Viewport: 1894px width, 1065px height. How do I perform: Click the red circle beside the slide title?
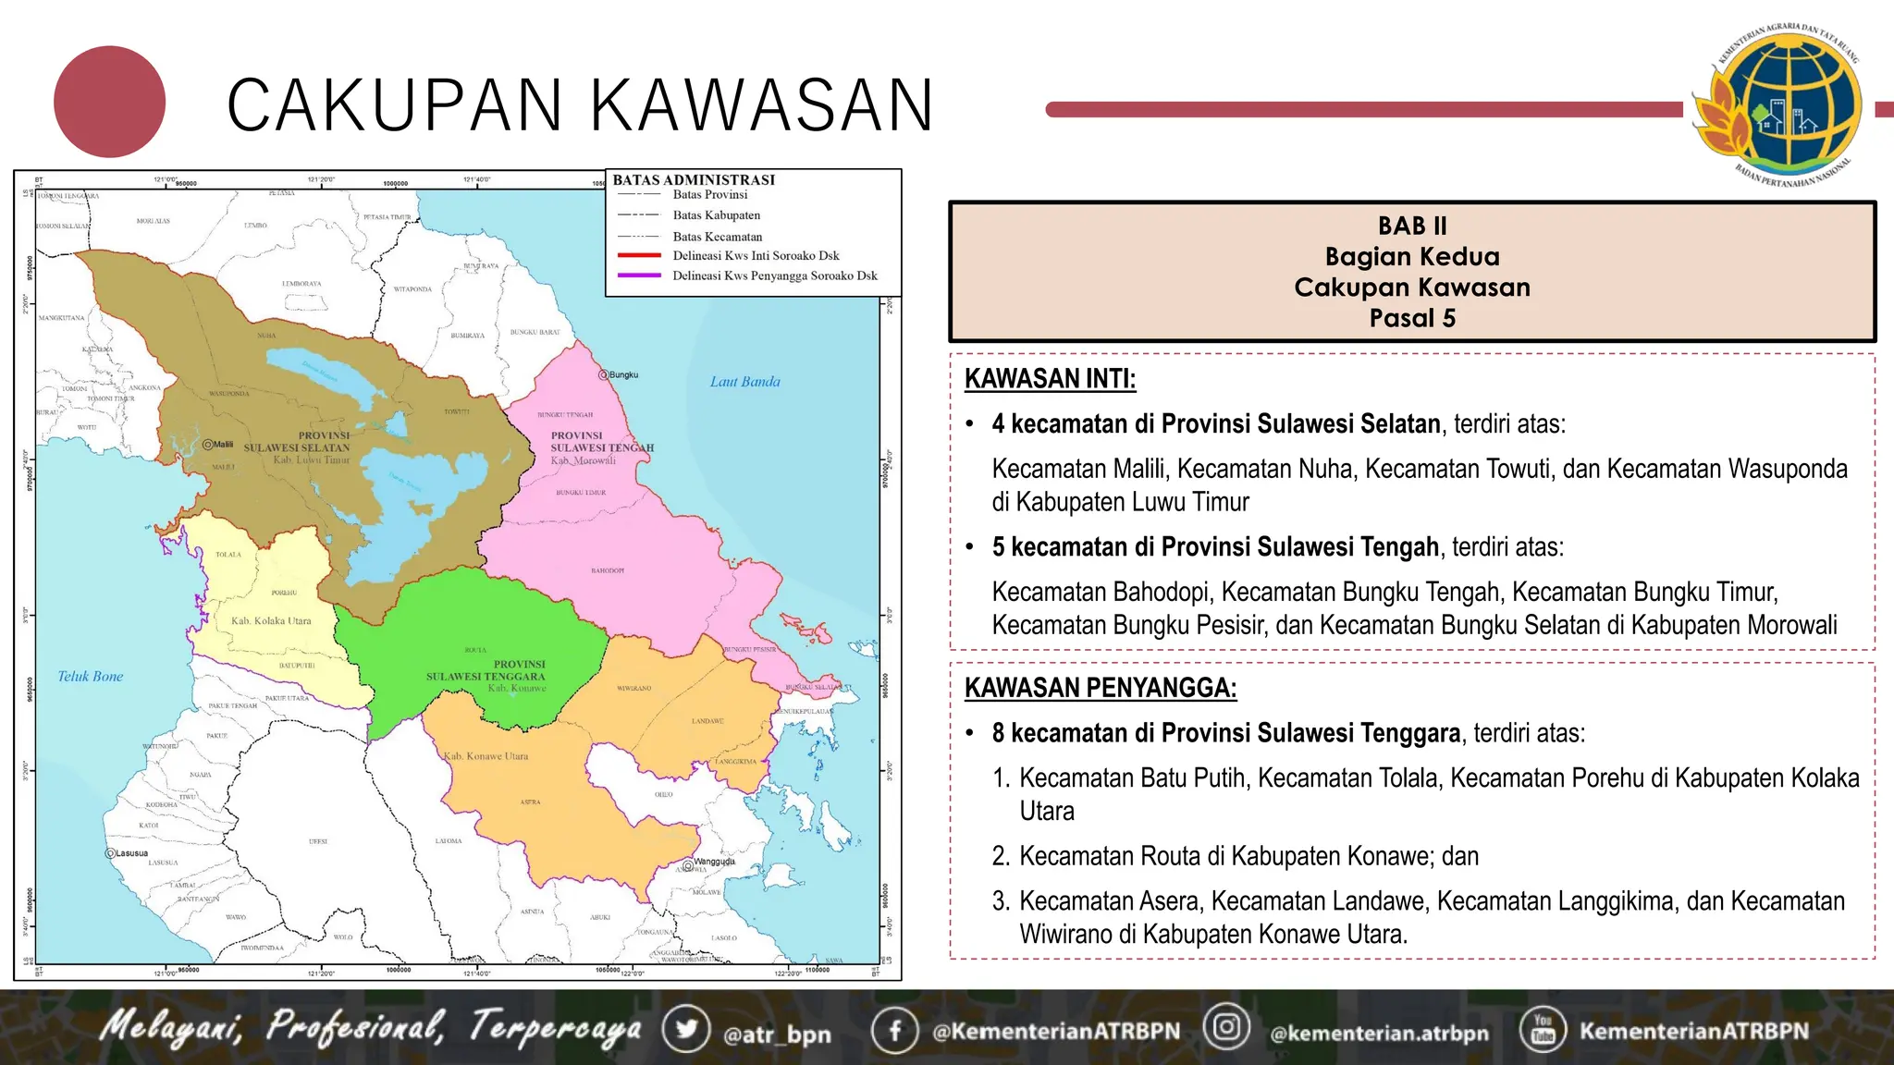click(109, 102)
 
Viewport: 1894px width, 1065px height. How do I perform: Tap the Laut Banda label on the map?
click(744, 382)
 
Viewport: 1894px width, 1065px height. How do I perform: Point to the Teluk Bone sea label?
click(90, 677)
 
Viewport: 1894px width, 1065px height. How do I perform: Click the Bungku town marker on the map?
click(604, 375)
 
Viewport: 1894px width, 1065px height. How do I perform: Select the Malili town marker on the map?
click(208, 445)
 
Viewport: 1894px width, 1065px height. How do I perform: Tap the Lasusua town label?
click(130, 853)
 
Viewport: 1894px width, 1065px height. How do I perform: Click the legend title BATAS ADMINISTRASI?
click(694, 180)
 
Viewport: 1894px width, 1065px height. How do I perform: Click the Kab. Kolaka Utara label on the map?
click(271, 621)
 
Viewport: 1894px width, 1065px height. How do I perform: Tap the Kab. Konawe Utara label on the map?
click(486, 756)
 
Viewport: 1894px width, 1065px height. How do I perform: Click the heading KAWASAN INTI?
click(1050, 379)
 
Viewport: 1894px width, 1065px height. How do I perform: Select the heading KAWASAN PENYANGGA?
click(1100, 688)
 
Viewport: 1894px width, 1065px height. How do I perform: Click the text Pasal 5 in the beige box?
click(1412, 318)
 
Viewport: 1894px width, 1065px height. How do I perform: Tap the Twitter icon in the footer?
click(686, 1029)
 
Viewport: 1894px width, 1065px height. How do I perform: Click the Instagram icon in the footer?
click(1226, 1027)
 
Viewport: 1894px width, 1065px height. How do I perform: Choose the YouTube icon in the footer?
click(1543, 1029)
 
